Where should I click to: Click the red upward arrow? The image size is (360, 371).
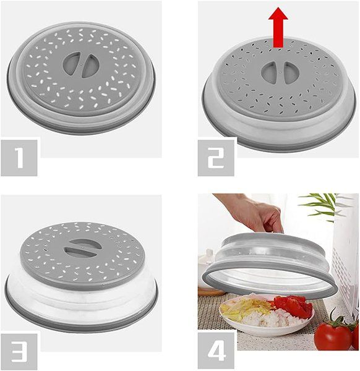click(x=278, y=27)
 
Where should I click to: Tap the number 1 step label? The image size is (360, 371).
click(x=19, y=158)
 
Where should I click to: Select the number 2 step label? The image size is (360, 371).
click(x=216, y=158)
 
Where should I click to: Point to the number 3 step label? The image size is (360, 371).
click(x=19, y=352)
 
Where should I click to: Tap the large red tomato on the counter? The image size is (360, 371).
click(x=333, y=336)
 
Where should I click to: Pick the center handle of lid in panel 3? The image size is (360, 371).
click(x=83, y=249)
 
